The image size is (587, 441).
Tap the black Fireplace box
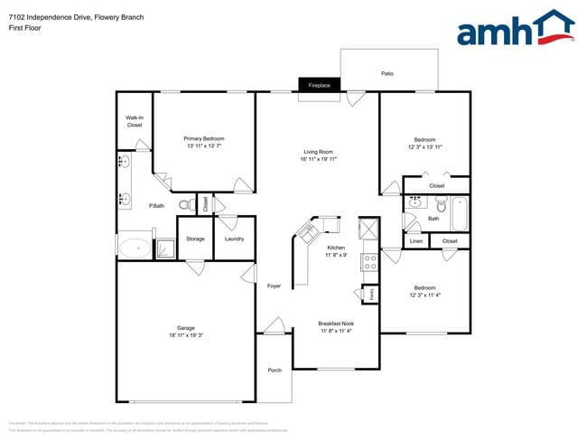point(320,85)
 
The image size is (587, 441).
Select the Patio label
point(387,73)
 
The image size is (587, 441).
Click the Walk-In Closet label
point(135,121)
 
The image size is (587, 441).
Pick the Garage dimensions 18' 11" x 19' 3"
point(186,334)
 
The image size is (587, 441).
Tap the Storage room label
point(195,239)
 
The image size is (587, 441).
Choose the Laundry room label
point(234,239)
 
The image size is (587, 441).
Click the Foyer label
point(274,286)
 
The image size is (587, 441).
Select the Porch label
point(275,371)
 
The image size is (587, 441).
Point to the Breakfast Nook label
point(336,323)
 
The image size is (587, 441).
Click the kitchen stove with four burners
point(368,263)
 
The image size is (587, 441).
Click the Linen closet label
point(415,241)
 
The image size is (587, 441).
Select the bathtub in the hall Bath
point(460,213)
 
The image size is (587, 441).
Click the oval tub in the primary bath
point(135,247)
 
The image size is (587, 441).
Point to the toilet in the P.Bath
point(184,204)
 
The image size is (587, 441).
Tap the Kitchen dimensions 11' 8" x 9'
point(336,254)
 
